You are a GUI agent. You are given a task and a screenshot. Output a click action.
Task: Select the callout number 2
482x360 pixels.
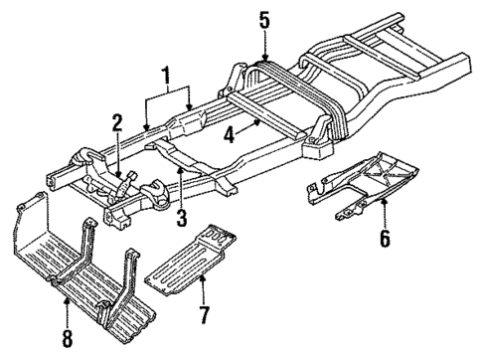click(x=116, y=123)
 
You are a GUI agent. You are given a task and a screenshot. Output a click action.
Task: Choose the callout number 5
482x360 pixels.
click(x=263, y=18)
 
